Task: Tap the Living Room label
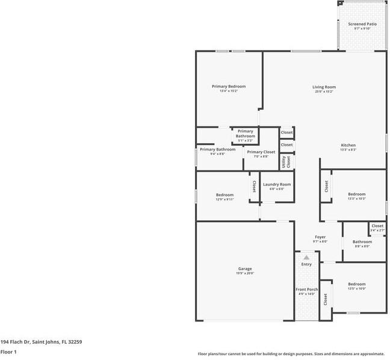click(324, 87)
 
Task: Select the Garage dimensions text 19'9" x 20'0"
click(245, 273)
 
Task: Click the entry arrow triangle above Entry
click(306, 257)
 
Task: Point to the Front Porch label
click(306, 290)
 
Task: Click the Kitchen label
click(348, 145)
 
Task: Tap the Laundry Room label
click(277, 184)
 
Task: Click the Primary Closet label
click(261, 152)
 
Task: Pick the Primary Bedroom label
click(229, 87)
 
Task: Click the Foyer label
click(320, 237)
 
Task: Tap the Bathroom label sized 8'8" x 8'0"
click(362, 242)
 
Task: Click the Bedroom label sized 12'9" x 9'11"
click(224, 195)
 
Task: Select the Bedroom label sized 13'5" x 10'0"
click(356, 284)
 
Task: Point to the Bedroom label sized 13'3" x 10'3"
click(356, 194)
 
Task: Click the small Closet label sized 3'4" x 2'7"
click(377, 226)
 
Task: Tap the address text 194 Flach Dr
click(41, 342)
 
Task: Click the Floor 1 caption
click(8, 352)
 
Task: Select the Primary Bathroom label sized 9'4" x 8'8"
click(217, 149)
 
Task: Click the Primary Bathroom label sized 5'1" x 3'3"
click(245, 134)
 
